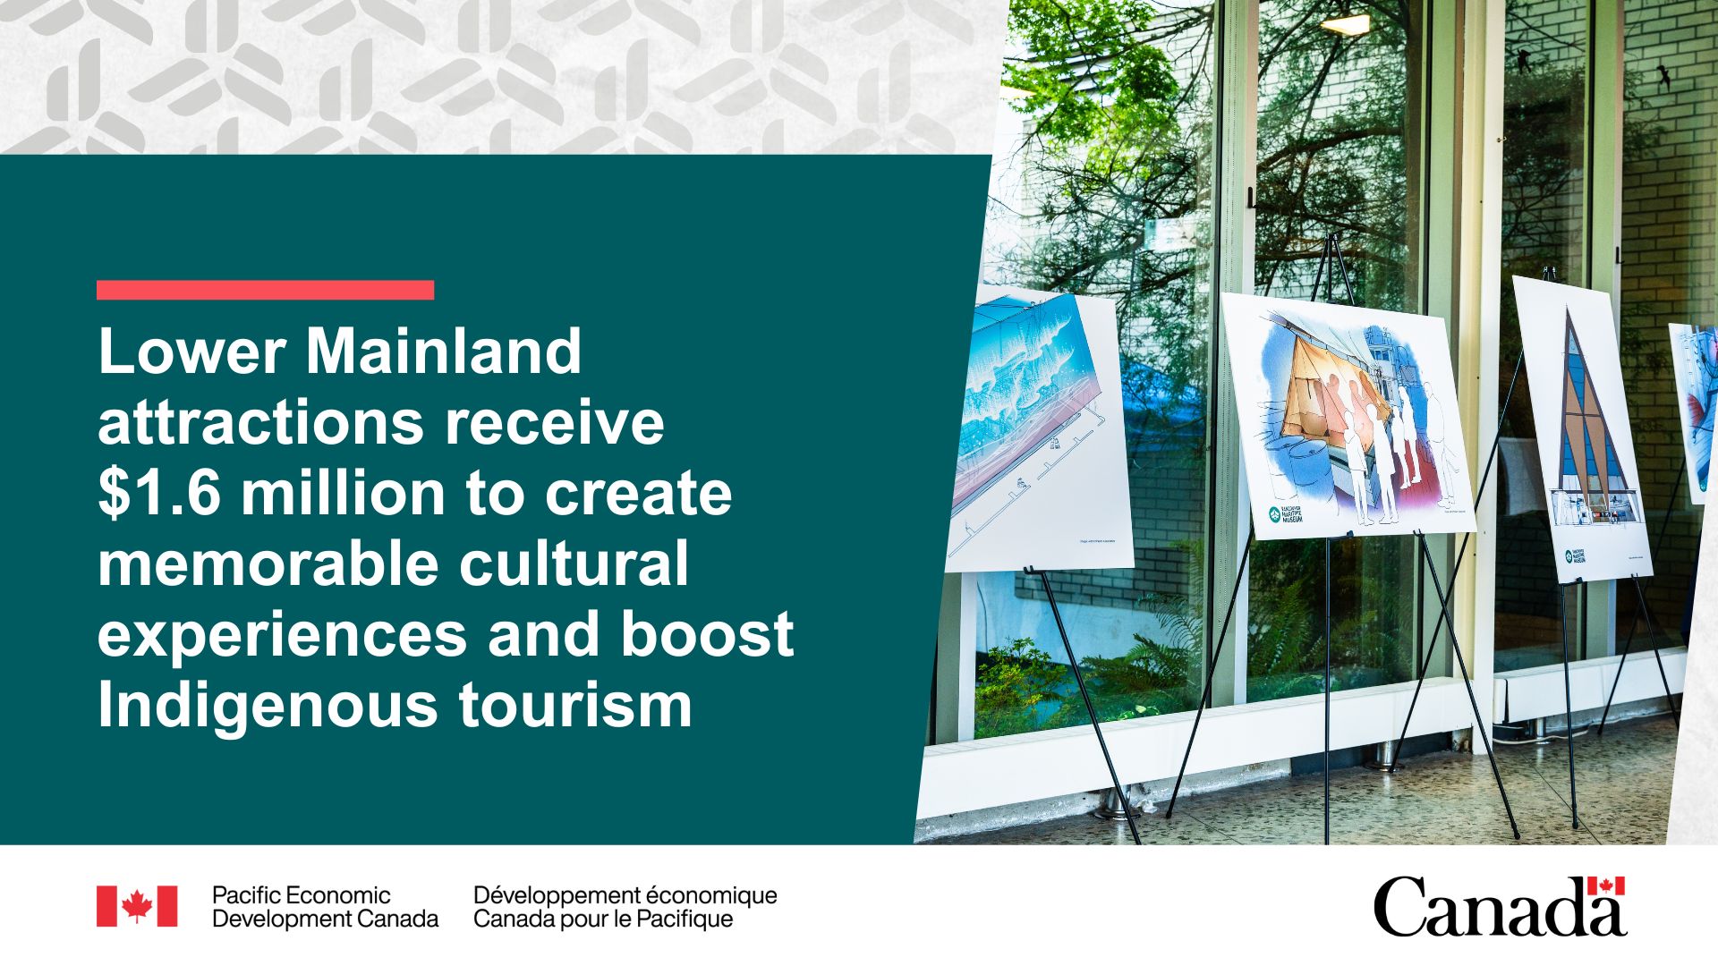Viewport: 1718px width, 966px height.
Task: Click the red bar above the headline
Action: pyautogui.click(x=265, y=290)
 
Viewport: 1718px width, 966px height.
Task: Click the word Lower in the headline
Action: pyautogui.click(x=191, y=352)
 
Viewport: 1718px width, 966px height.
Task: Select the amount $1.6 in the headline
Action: pyautogui.click(x=158, y=494)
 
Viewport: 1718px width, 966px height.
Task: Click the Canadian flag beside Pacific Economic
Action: pyautogui.click(x=137, y=906)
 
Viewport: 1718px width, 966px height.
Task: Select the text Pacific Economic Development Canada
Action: pyautogui.click(x=324, y=907)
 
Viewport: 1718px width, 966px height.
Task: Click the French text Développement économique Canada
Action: pyautogui.click(x=625, y=907)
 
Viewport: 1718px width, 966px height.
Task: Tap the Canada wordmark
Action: pyautogui.click(x=1499, y=907)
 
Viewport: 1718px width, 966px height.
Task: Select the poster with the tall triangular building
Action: pyautogui.click(x=1580, y=429)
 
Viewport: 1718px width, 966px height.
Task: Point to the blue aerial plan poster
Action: pyautogui.click(x=1038, y=429)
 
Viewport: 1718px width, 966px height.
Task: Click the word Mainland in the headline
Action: pyautogui.click(x=444, y=352)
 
